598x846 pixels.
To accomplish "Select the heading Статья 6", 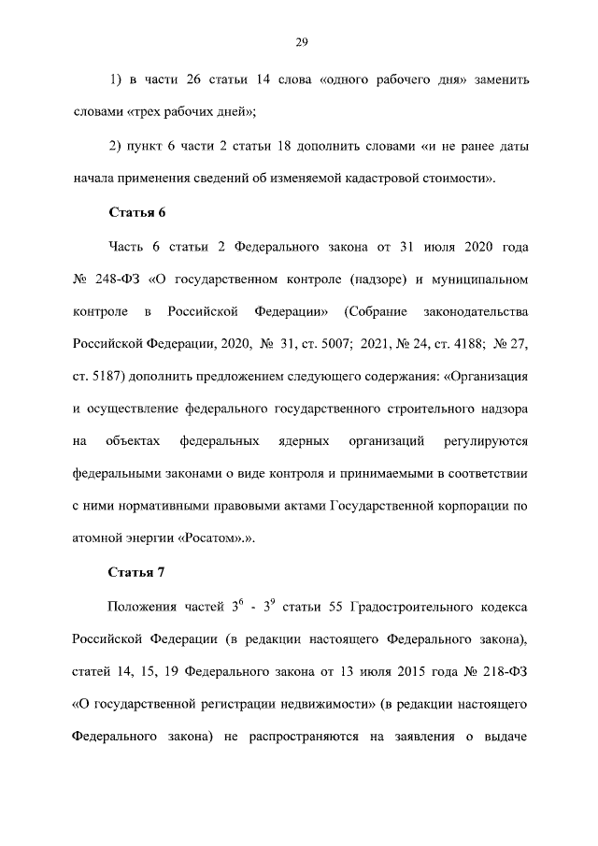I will pyautogui.click(x=137, y=212).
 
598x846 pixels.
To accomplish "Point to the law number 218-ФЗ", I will pyautogui.click(x=499, y=670).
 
